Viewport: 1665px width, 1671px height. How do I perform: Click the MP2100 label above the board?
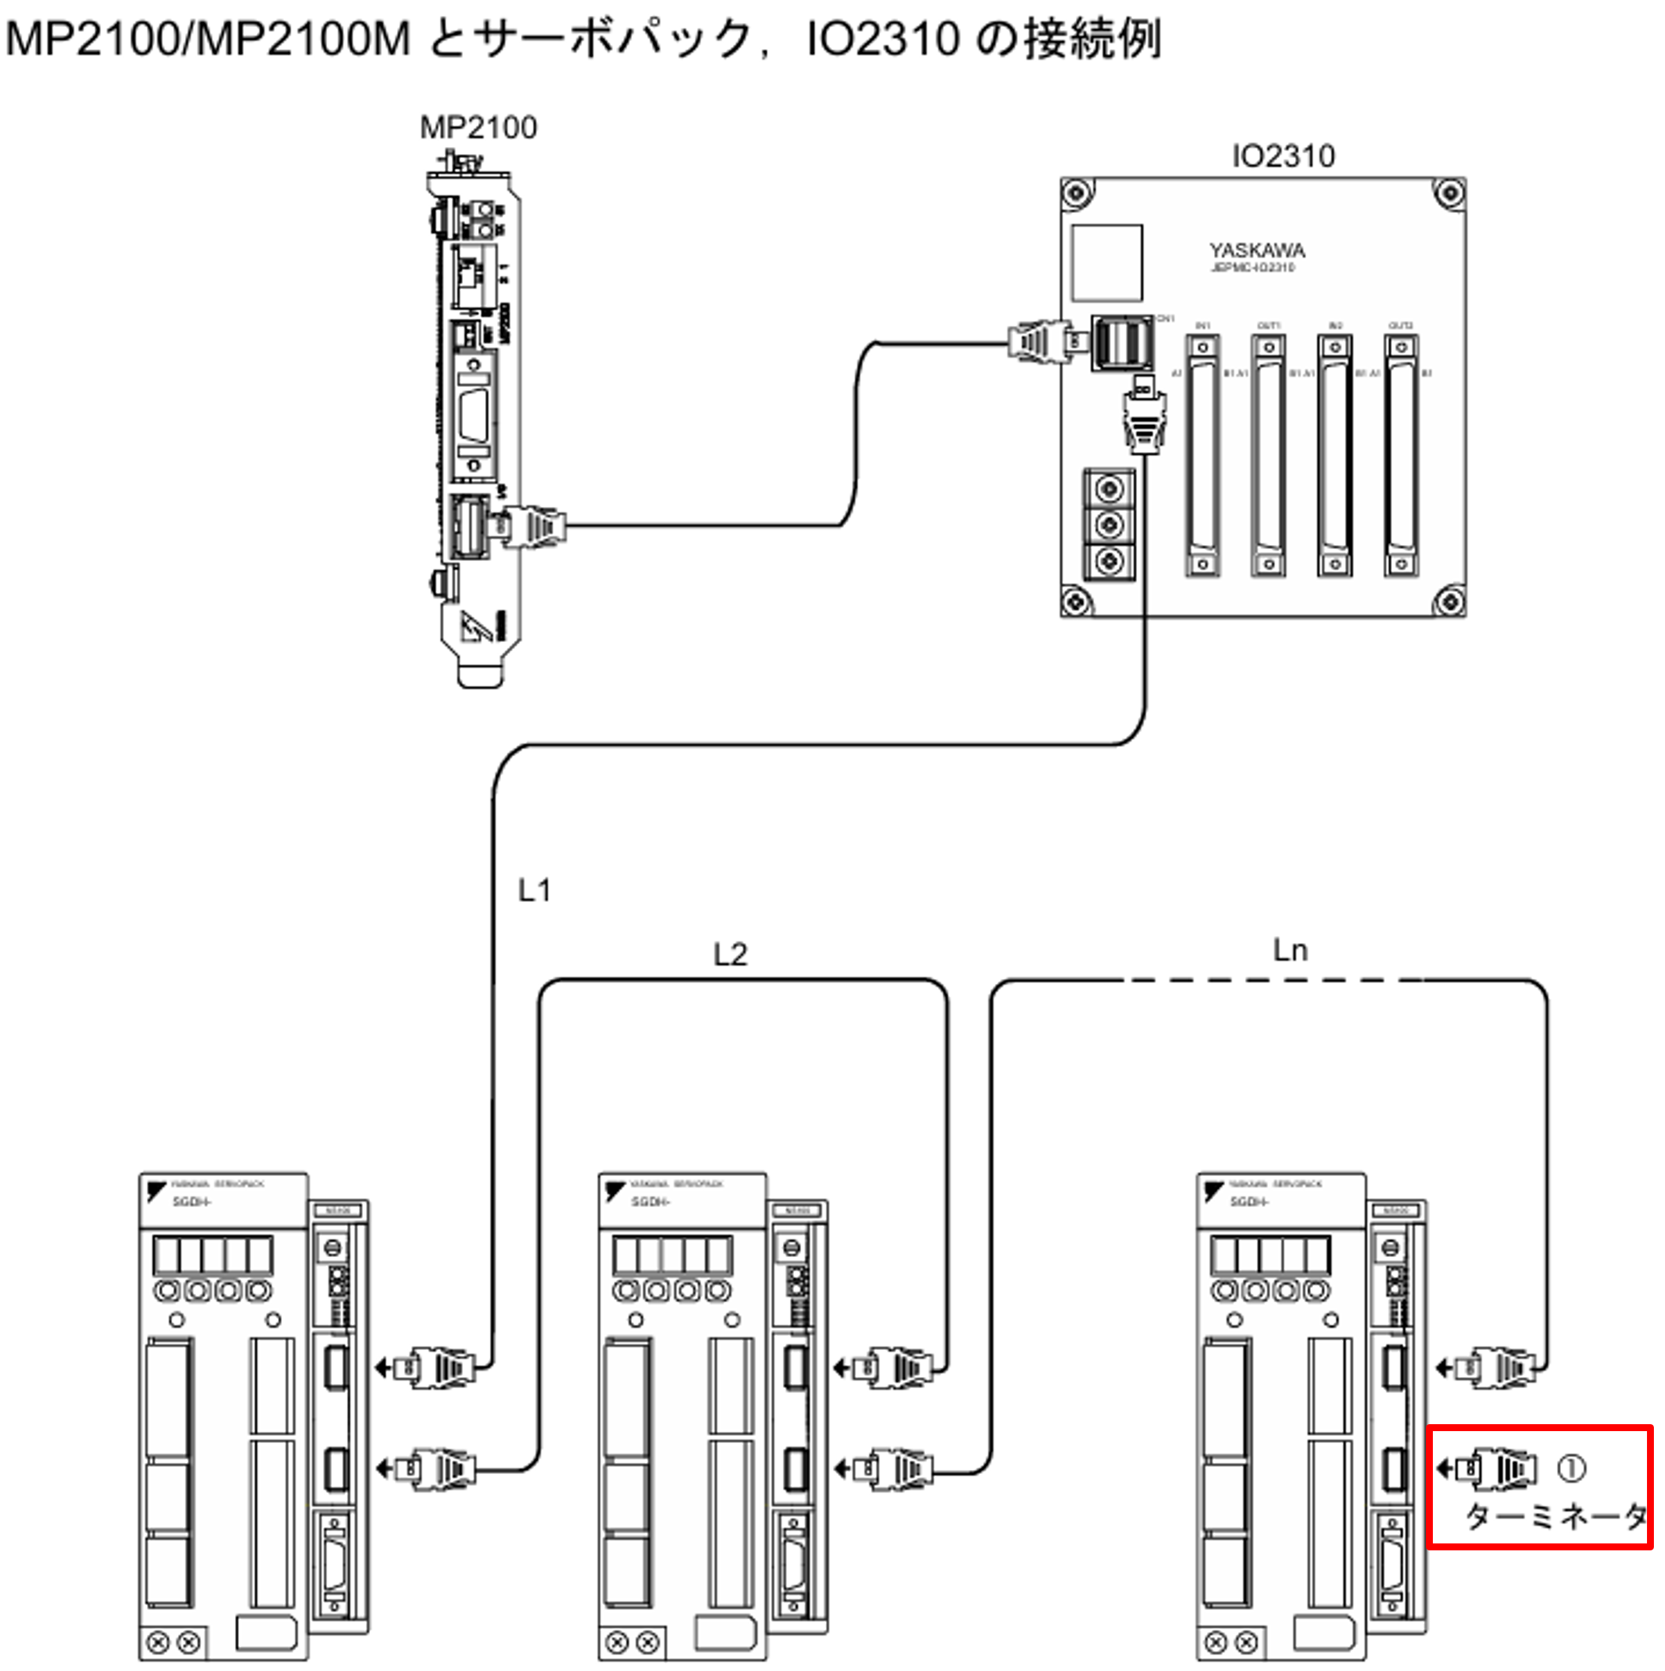(x=478, y=128)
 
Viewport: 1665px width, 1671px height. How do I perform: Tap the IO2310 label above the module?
(x=1283, y=157)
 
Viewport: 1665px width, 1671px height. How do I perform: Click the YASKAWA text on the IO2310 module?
(x=1257, y=251)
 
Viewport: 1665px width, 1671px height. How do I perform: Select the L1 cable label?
(x=534, y=890)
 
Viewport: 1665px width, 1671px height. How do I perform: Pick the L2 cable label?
(x=730, y=955)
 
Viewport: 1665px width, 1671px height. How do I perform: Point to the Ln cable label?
(x=1290, y=951)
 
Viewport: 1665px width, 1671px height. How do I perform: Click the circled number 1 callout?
(x=1571, y=1468)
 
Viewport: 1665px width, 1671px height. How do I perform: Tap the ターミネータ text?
(x=1554, y=1515)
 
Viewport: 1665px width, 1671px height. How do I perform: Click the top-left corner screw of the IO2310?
(x=1076, y=192)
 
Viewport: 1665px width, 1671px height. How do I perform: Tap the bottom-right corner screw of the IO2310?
(x=1450, y=600)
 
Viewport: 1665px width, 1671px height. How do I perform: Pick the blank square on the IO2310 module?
(x=1107, y=262)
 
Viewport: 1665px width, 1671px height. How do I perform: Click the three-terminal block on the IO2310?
(x=1109, y=525)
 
